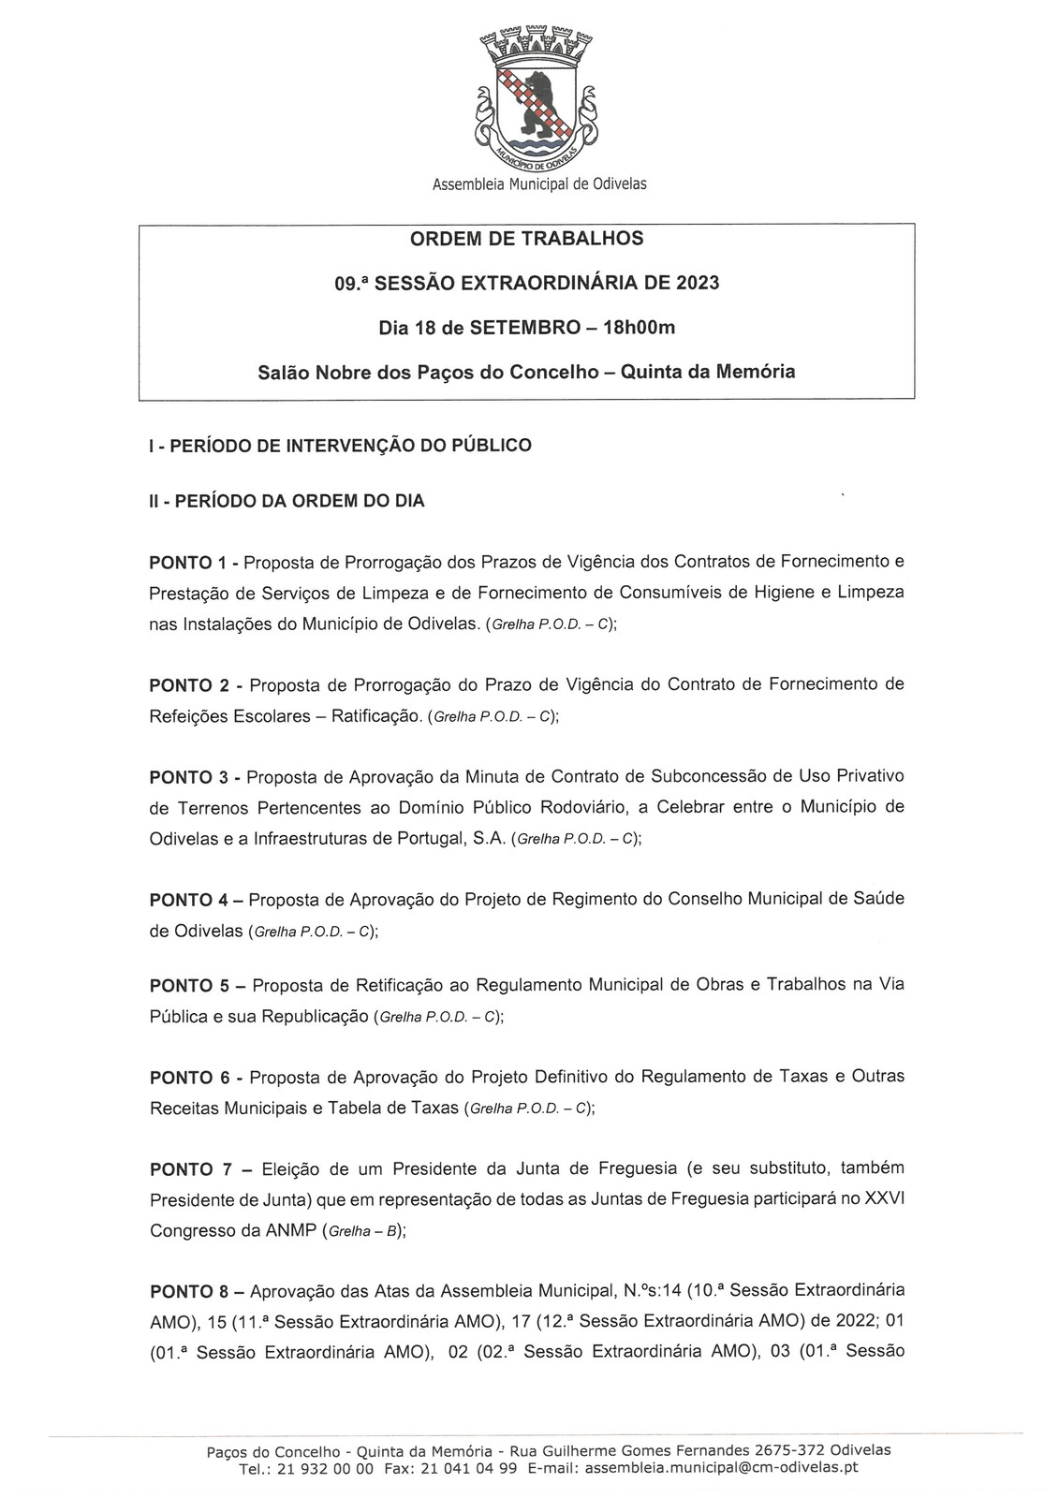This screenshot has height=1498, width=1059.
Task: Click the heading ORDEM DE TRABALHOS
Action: (526, 239)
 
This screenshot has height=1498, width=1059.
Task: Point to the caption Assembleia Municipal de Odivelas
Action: (538, 184)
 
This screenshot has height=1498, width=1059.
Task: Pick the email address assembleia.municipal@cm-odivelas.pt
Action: (721, 1469)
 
